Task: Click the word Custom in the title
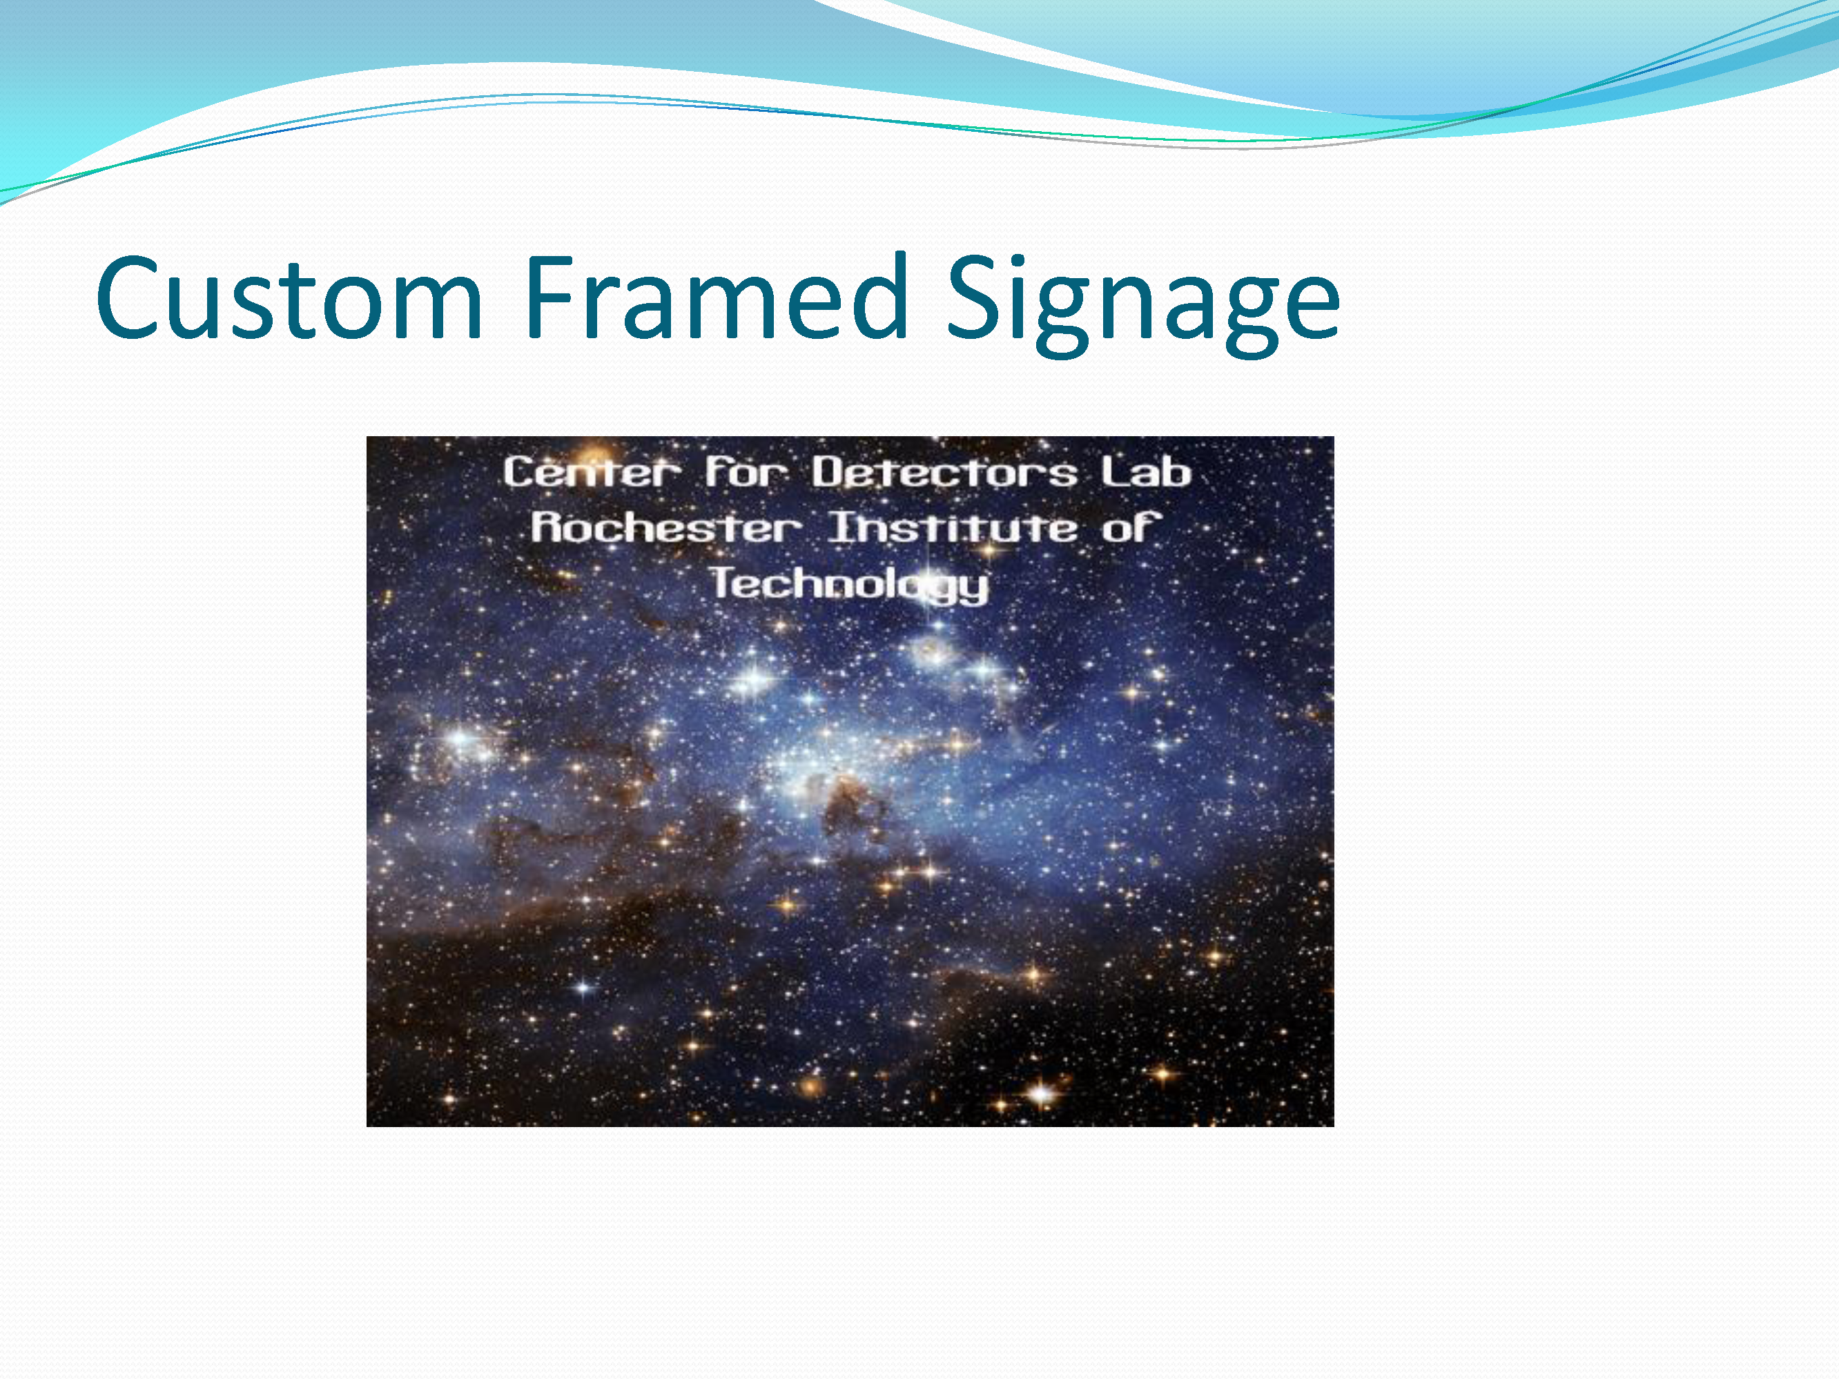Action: pyautogui.click(x=289, y=297)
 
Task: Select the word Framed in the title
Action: pyautogui.click(x=716, y=297)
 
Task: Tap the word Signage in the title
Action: pyautogui.click(x=1144, y=305)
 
